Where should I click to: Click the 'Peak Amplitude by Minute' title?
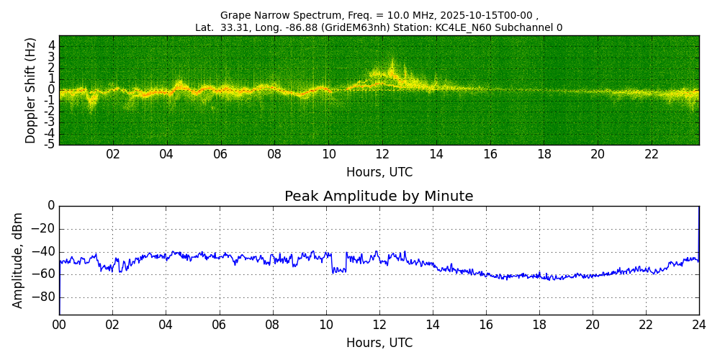coord(379,197)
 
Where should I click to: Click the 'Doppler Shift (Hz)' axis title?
coord(31,90)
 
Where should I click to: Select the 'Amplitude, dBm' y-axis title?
coord(18,260)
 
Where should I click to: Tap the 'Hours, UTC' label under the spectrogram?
coord(379,173)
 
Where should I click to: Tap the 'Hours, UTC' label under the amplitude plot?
coord(379,343)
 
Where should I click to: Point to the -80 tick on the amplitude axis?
coord(45,297)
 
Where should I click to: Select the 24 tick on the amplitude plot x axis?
coord(699,325)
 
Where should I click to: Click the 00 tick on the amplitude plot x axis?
coord(59,325)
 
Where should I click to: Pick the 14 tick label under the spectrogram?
coord(436,155)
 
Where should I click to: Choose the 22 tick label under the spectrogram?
coord(651,155)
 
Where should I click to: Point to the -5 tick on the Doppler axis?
coord(50,144)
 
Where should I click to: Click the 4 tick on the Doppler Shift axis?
coord(52,45)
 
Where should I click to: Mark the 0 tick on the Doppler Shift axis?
coord(52,90)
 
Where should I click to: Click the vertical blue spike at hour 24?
coord(698,230)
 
